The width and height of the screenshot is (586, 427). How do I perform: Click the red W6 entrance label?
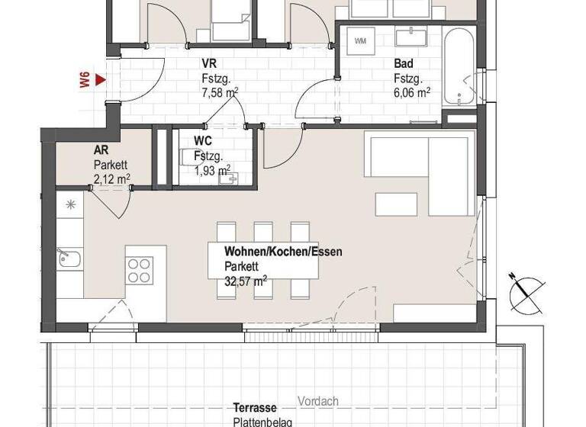point(85,80)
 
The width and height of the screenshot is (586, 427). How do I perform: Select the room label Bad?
point(404,64)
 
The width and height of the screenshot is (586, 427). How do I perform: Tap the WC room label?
point(203,141)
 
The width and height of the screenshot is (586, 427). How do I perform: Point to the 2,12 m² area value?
point(111,178)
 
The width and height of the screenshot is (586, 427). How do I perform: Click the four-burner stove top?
point(140,270)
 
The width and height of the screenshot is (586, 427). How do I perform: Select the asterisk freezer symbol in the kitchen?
point(71,204)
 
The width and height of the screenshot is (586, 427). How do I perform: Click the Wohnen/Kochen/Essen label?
point(283,252)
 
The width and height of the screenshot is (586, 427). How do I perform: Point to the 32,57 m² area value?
point(246,281)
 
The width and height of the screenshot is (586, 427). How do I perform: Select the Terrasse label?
point(256,409)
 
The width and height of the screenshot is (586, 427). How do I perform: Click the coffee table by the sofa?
point(396,204)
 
